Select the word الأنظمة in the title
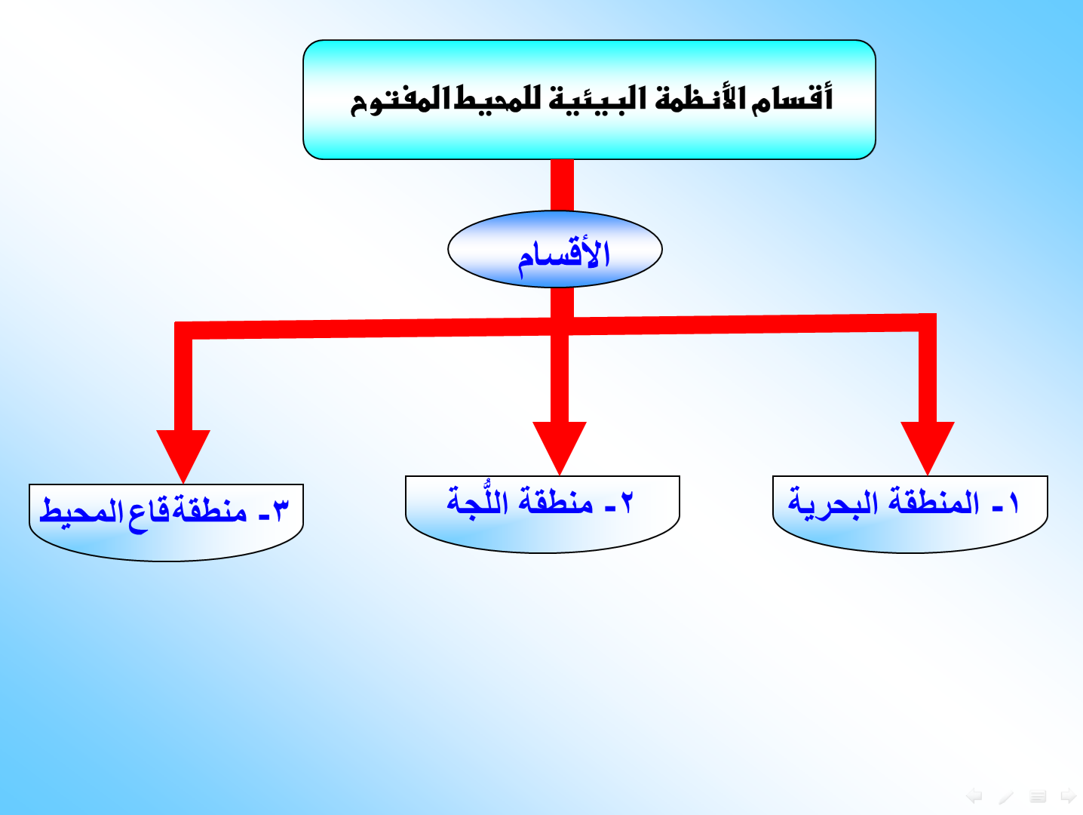pyautogui.click(x=700, y=97)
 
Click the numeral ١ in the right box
pyautogui.click(x=1014, y=503)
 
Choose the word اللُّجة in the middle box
pyautogui.click(x=477, y=500)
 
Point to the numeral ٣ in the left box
pyautogui.click(x=281, y=510)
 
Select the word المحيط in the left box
pyautogui.click(x=81, y=511)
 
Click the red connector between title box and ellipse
pyautogui.click(x=562, y=185)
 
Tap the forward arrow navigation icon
pyautogui.click(x=1068, y=795)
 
